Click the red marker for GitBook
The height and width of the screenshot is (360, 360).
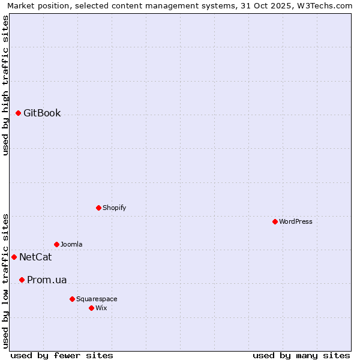coord(19,113)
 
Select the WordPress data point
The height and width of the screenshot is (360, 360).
coord(275,221)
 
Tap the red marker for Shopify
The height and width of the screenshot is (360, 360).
coord(99,208)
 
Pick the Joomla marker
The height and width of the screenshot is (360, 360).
coord(57,244)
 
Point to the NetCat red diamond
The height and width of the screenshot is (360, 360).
coord(14,257)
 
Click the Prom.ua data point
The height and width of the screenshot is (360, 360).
coord(22,280)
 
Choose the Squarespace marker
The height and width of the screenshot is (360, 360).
coord(73,299)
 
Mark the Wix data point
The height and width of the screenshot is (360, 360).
coord(92,308)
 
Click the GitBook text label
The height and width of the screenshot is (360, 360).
coord(42,113)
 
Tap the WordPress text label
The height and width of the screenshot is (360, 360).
coord(296,221)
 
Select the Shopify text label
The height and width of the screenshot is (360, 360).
coord(114,208)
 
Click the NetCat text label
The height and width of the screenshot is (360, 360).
coord(35,257)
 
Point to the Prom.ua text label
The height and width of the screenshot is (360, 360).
coord(47,280)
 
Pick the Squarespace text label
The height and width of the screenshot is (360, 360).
coord(97,299)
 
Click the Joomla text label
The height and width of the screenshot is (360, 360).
coord(71,244)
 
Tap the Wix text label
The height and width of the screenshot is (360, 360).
coord(101,308)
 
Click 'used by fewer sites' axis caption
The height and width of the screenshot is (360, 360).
coord(62,355)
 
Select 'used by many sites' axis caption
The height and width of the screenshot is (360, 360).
coord(301,355)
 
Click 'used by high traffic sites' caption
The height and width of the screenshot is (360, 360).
coord(5,85)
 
